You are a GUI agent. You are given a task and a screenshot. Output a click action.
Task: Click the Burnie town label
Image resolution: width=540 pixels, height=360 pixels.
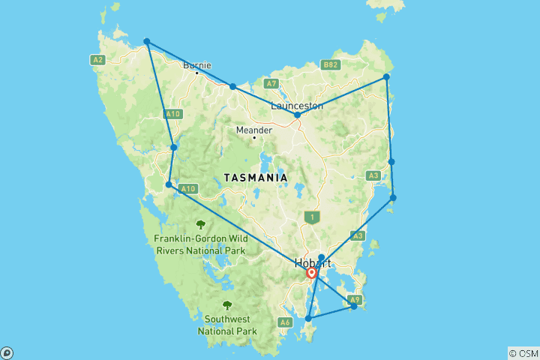click(x=197, y=64)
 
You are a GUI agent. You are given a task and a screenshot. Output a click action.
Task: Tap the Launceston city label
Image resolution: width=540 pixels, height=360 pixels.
click(x=296, y=106)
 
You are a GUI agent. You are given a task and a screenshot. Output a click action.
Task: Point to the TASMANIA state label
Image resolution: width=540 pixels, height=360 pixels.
click(x=255, y=178)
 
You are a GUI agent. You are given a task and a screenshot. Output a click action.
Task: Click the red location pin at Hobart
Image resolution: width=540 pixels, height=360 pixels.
click(x=312, y=274)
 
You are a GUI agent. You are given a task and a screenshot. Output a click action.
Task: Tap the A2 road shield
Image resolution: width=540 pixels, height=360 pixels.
click(x=97, y=59)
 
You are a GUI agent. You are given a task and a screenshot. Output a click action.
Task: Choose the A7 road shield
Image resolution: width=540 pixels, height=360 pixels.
click(x=271, y=83)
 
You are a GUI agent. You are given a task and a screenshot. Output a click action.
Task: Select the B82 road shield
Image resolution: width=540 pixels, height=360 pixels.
click(x=331, y=65)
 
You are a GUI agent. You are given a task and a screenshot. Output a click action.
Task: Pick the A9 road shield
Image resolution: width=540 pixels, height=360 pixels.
click(x=355, y=300)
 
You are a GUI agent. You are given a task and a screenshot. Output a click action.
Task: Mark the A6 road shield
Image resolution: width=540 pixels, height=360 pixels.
click(x=284, y=322)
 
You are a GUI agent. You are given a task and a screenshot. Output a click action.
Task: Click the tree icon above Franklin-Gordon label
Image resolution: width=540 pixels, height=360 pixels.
click(x=200, y=223)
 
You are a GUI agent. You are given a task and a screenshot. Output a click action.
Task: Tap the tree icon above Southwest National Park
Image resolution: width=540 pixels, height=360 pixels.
click(x=227, y=305)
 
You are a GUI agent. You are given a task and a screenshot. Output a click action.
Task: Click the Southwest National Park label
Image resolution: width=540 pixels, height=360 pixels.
click(x=227, y=324)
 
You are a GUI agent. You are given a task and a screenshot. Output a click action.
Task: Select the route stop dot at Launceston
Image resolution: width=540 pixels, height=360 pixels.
click(x=298, y=115)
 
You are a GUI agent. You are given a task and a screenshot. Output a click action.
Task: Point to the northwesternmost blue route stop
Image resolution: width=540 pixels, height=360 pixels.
click(x=147, y=41)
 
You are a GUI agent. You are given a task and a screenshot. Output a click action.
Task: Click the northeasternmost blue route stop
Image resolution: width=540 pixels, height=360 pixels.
click(x=386, y=76)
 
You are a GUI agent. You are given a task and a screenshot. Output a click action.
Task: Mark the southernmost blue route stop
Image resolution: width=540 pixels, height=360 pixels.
click(x=308, y=319)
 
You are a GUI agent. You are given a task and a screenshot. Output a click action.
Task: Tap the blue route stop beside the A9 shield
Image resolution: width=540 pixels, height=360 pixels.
click(x=354, y=306)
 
